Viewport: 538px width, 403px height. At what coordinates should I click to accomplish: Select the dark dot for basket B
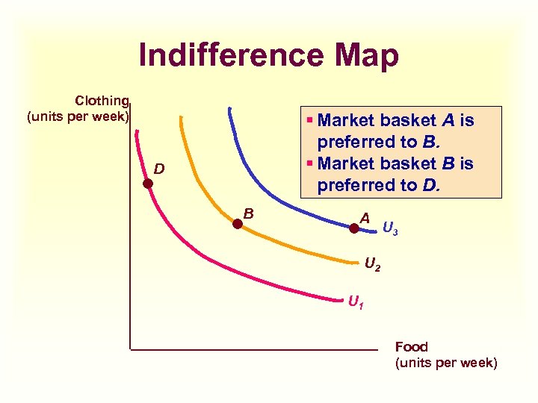click(238, 222)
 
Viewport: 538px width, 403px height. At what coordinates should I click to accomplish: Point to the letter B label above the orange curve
click(249, 213)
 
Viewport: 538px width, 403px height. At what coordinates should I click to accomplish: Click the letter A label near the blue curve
click(365, 218)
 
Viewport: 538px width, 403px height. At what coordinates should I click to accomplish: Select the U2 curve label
click(372, 264)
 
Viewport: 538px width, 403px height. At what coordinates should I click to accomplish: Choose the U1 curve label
click(356, 303)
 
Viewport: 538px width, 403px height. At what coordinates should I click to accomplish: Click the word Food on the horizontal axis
click(411, 347)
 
